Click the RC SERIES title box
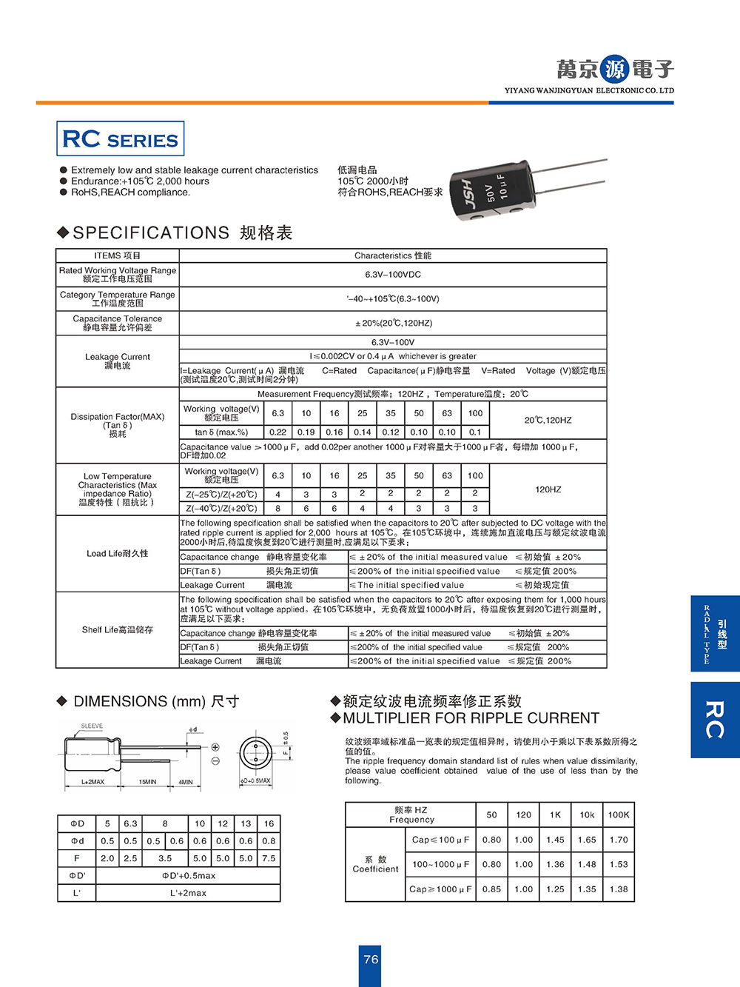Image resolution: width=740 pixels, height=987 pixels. coord(120,139)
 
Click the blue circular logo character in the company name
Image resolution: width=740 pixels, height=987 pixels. coord(614,70)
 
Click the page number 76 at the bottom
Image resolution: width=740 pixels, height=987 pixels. coord(371,959)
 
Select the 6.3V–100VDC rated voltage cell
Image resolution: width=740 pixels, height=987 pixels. coord(392,275)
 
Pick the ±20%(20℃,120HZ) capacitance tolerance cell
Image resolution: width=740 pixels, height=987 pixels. coord(392,323)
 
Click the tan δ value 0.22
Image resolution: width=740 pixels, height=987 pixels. coord(277,432)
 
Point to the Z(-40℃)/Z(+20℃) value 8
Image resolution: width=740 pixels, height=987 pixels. coord(277,509)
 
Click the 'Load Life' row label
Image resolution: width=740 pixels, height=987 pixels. coord(117,553)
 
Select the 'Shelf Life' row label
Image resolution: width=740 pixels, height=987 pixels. coord(117,629)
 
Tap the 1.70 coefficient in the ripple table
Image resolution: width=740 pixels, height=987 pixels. coord(619,840)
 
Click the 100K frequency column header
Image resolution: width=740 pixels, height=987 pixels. coord(619,814)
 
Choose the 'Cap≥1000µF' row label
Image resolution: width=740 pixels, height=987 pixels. coord(441,889)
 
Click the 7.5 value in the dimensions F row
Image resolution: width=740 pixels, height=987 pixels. coord(269,858)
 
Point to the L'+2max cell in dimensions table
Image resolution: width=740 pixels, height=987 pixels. coord(189,893)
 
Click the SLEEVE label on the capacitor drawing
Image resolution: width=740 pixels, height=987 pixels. coord(92,726)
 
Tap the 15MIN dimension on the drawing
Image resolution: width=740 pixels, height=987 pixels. coord(148,782)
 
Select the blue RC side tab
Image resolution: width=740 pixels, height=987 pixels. coord(714,720)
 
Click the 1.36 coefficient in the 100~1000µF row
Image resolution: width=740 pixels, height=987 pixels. coord(555,864)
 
